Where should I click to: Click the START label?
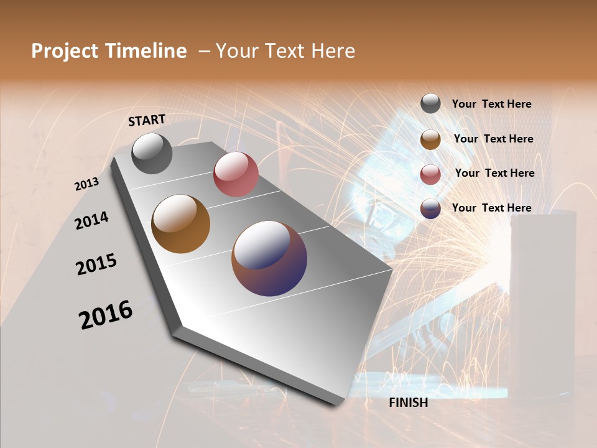pos(147,120)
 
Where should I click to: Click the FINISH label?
pos(408,403)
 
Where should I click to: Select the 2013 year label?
pos(86,184)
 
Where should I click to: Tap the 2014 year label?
pos(91,220)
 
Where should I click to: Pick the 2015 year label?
pos(96,264)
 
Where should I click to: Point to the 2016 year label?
pos(106,314)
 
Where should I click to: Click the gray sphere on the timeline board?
pos(152,153)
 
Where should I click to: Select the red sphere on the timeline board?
pos(236,174)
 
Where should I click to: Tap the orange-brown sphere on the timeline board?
pos(180,224)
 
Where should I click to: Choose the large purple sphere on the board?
pos(269,258)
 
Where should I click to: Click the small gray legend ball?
pos(430,103)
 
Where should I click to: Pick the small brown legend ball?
pos(430,139)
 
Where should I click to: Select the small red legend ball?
pos(430,174)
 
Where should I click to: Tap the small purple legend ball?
pos(430,208)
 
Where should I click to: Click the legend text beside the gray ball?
pos(491,104)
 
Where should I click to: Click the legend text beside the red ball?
pos(494,173)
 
